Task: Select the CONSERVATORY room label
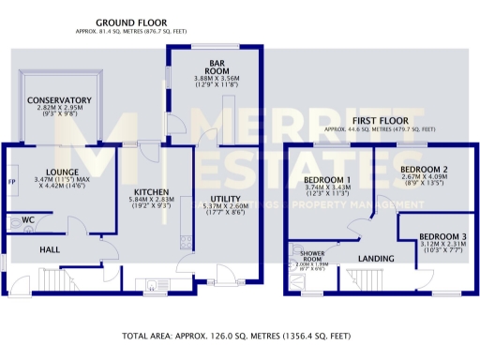click(x=59, y=99)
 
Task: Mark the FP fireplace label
click(x=11, y=180)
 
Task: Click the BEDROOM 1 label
click(x=327, y=179)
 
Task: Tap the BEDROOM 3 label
click(x=441, y=236)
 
